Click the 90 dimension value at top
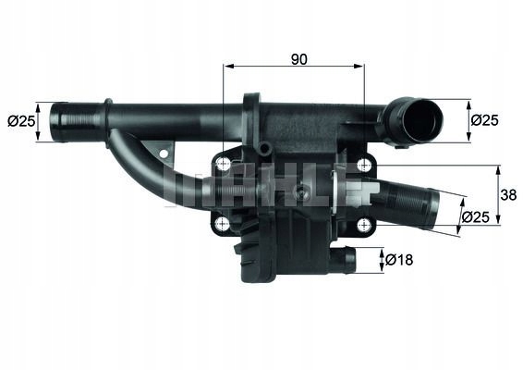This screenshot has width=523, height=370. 298,58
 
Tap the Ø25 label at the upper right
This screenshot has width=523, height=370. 486,120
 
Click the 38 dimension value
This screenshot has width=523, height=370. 507,195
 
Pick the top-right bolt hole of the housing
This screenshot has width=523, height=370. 364,165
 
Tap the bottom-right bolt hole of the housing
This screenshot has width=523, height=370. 363,222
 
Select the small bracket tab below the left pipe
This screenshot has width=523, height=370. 164,147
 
